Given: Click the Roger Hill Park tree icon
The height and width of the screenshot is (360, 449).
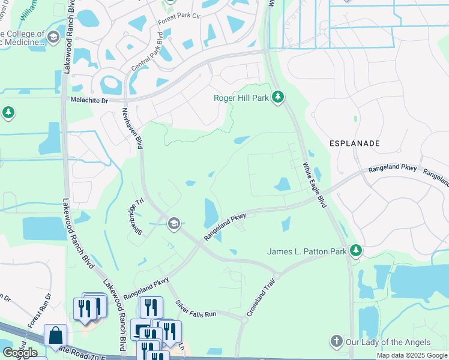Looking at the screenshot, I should [277, 97].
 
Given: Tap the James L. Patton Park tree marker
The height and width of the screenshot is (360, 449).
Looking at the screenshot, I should [357, 250].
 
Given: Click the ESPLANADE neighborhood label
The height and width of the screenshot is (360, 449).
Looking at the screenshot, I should [354, 144].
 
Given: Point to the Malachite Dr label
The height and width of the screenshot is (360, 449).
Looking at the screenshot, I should [89, 101].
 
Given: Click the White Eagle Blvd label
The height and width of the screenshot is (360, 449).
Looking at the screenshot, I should [315, 185].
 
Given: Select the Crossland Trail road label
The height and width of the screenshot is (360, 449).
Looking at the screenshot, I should [262, 298].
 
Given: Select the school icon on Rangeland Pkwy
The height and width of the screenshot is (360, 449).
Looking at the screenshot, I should [174, 224].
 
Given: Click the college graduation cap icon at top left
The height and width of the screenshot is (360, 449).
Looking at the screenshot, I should [53, 37].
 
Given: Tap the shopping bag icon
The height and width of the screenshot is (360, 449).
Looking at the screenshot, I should [56, 336].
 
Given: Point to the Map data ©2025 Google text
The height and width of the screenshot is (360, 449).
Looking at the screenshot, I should [411, 355].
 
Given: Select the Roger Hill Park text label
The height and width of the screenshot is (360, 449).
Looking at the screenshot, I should [242, 98].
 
